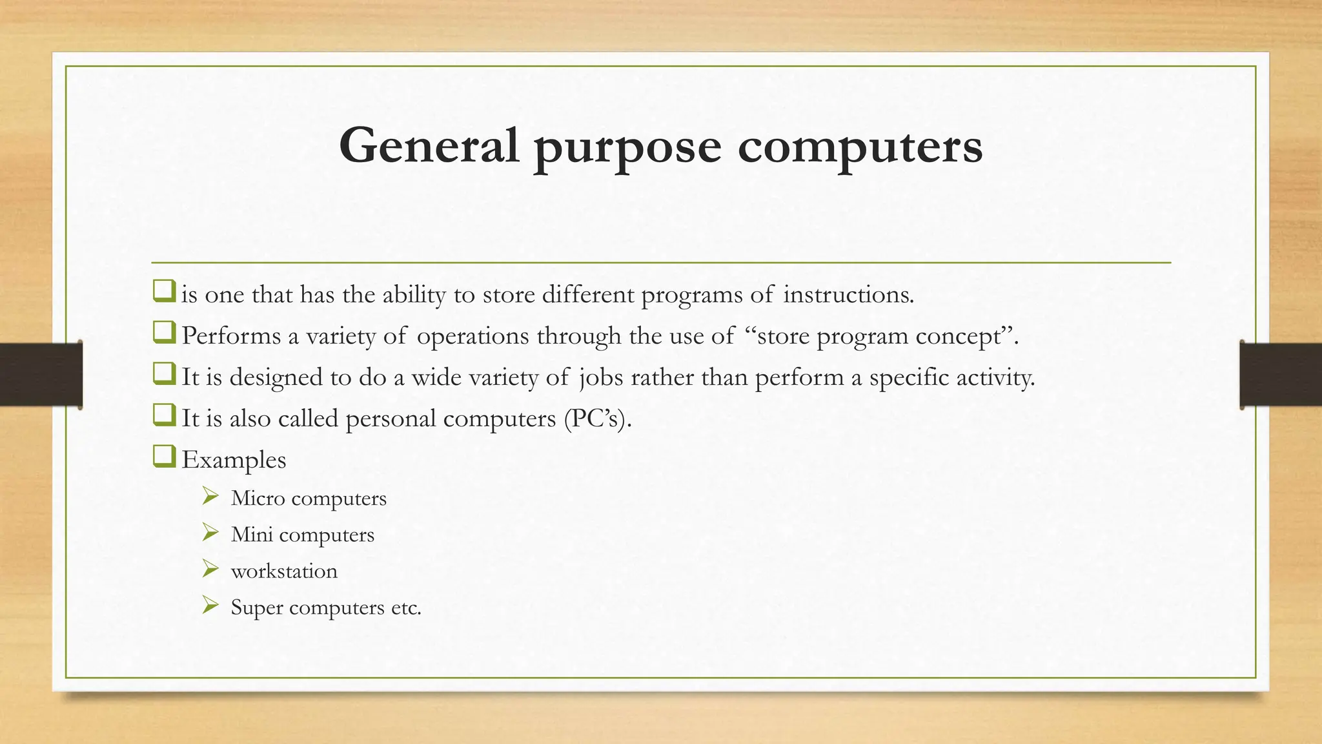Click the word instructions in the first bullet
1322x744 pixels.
(x=848, y=294)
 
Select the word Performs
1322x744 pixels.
(x=230, y=336)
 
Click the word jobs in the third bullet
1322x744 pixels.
(x=600, y=378)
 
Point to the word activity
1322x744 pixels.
(x=995, y=378)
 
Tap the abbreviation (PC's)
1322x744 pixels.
(x=597, y=418)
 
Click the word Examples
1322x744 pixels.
(x=234, y=460)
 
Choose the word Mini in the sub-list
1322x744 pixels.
(x=252, y=535)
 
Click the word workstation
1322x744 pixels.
(x=284, y=571)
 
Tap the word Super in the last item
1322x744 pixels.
(x=257, y=608)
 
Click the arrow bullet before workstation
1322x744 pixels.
(x=210, y=569)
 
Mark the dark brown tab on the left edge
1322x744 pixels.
(x=41, y=375)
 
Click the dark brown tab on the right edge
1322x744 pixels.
(x=1281, y=375)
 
